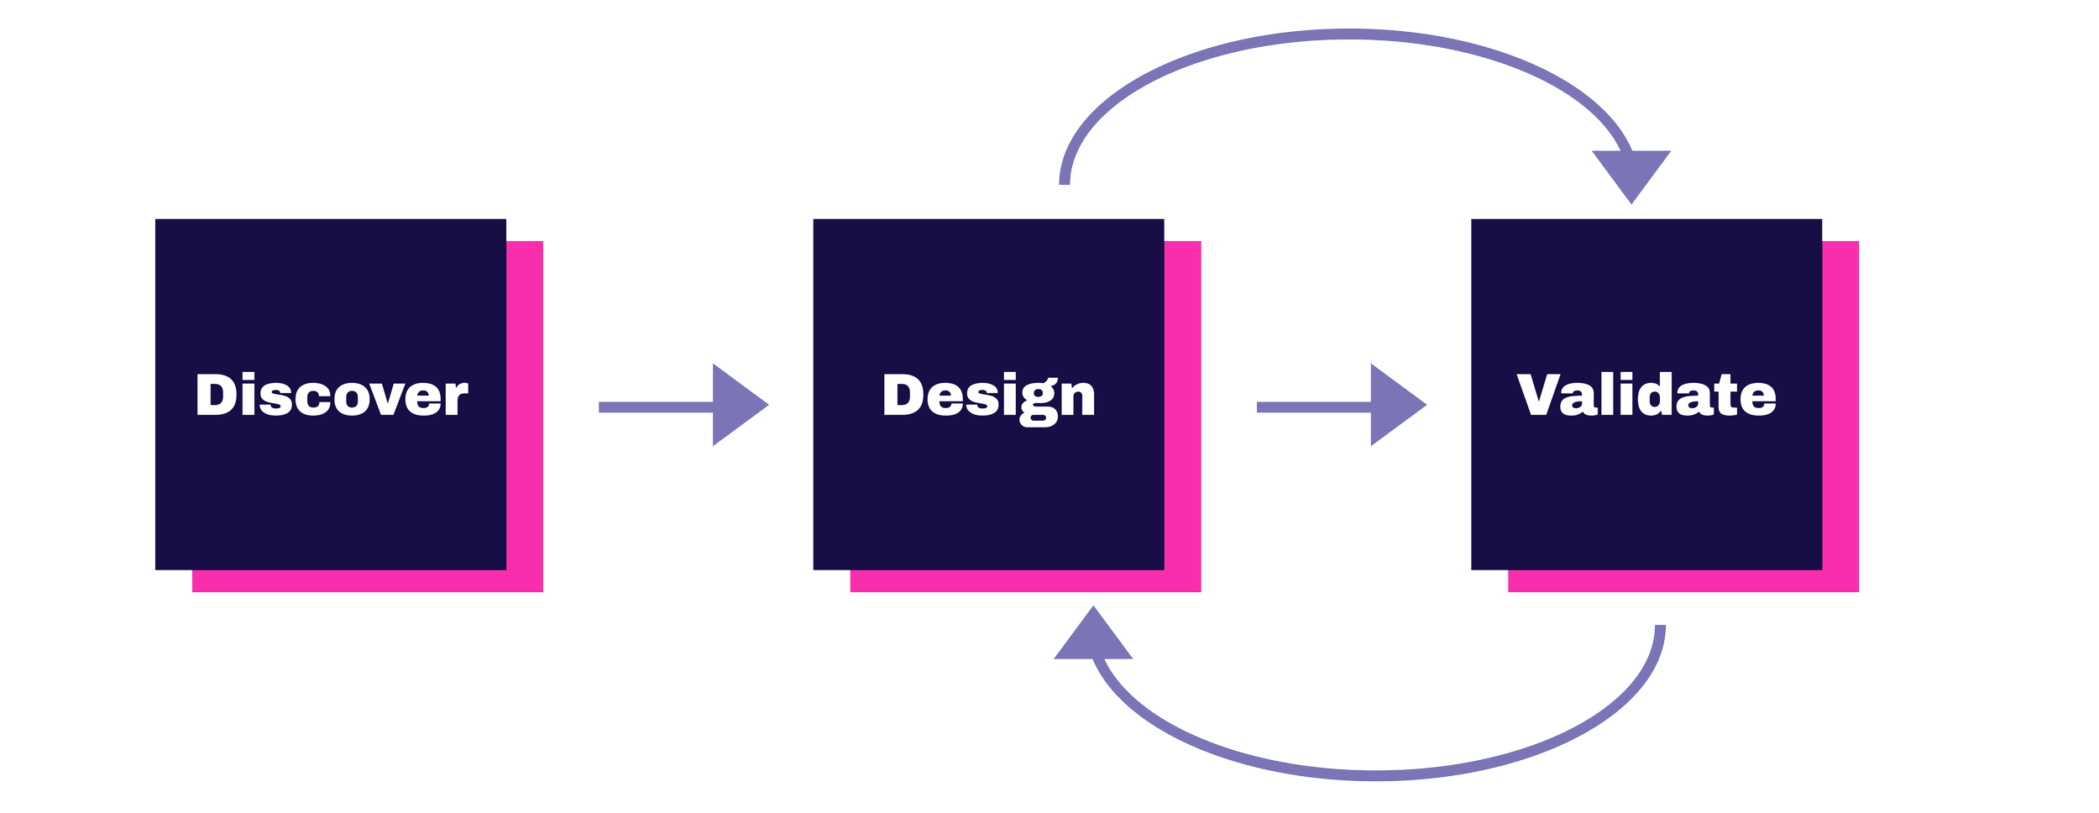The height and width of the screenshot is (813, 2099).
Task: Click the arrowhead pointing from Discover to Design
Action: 736,405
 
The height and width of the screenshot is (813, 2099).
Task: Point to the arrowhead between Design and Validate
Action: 1395,405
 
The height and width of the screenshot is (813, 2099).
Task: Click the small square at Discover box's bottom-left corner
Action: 173,580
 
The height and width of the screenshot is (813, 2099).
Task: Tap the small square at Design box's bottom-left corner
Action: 830,580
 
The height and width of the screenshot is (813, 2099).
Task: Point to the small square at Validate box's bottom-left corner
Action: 1489,580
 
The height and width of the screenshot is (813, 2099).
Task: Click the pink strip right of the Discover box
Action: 525,403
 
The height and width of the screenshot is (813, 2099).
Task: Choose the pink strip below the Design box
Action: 1008,581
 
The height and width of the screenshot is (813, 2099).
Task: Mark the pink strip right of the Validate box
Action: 1840,403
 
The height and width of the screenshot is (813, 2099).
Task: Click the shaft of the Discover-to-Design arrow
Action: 655,407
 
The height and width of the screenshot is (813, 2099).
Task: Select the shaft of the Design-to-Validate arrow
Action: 1313,407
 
